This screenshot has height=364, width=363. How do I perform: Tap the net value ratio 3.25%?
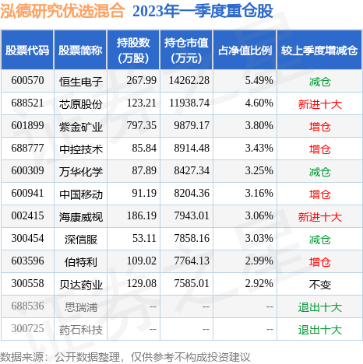258,170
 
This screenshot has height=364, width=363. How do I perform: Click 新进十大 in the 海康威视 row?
320,214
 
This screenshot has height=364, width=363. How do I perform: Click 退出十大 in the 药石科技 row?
320,330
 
